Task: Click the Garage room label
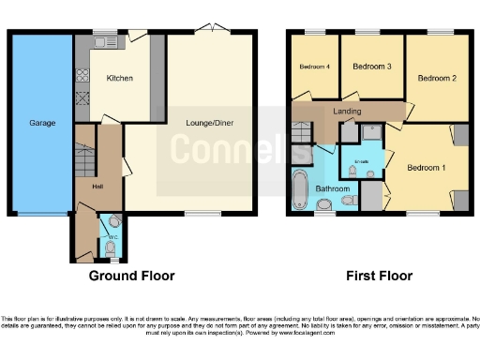click(41, 123)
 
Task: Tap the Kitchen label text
click(120, 78)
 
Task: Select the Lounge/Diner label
click(210, 123)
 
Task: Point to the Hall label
click(97, 186)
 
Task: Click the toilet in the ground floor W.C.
click(114, 222)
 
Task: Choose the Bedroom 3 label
click(370, 67)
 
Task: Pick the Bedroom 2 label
click(436, 78)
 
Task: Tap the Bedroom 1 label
click(426, 167)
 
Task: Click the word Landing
click(347, 112)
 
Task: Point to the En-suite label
click(363, 161)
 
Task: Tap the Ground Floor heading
click(131, 277)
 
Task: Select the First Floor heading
click(378, 277)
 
